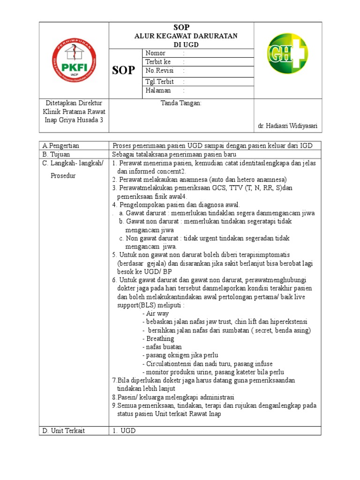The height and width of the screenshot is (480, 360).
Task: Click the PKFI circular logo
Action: [x=74, y=61]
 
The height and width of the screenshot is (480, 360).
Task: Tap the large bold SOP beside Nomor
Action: [x=124, y=71]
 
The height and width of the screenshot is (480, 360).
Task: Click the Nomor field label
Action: [x=156, y=53]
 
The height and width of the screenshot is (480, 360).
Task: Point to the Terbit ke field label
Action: [x=158, y=62]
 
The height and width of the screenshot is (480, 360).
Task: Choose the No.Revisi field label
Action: [x=160, y=71]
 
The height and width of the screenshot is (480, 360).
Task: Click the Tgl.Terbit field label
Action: [x=160, y=82]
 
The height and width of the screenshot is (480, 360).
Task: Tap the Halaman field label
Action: [x=158, y=90]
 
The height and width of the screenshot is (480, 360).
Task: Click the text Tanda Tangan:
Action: [x=181, y=103]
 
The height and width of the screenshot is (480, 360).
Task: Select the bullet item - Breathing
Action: [x=157, y=339]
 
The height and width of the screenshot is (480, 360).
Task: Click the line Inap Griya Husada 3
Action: [x=74, y=120]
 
